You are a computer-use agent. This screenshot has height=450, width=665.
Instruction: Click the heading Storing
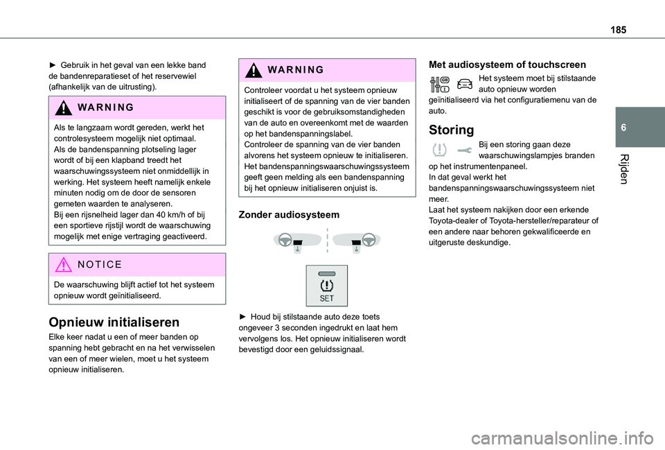point(452,130)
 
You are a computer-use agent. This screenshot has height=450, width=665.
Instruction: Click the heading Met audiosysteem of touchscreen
point(508,64)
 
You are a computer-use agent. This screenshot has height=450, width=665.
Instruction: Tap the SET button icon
point(327,285)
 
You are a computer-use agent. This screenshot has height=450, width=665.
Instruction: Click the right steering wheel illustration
point(359,241)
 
